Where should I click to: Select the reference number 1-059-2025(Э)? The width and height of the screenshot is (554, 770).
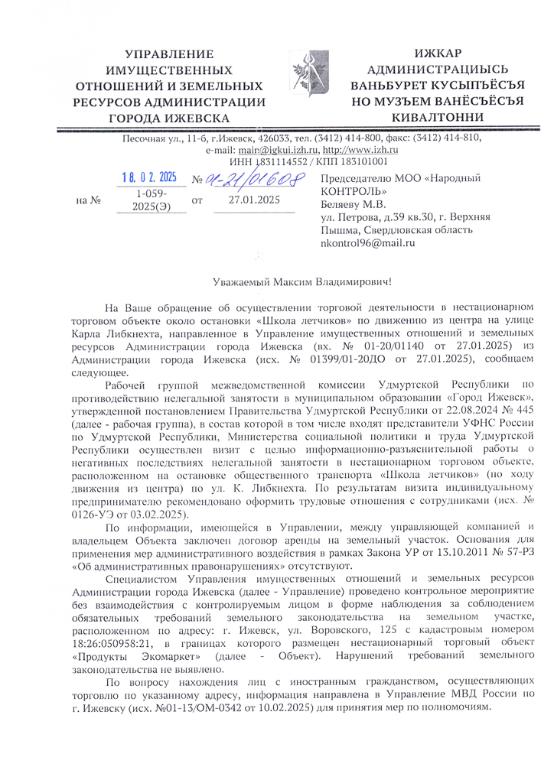(152, 202)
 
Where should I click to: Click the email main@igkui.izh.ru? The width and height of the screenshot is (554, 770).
(266, 150)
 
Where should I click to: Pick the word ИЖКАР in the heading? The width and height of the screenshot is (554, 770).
(437, 53)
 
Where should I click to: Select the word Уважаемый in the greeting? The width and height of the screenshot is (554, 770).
(244, 284)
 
